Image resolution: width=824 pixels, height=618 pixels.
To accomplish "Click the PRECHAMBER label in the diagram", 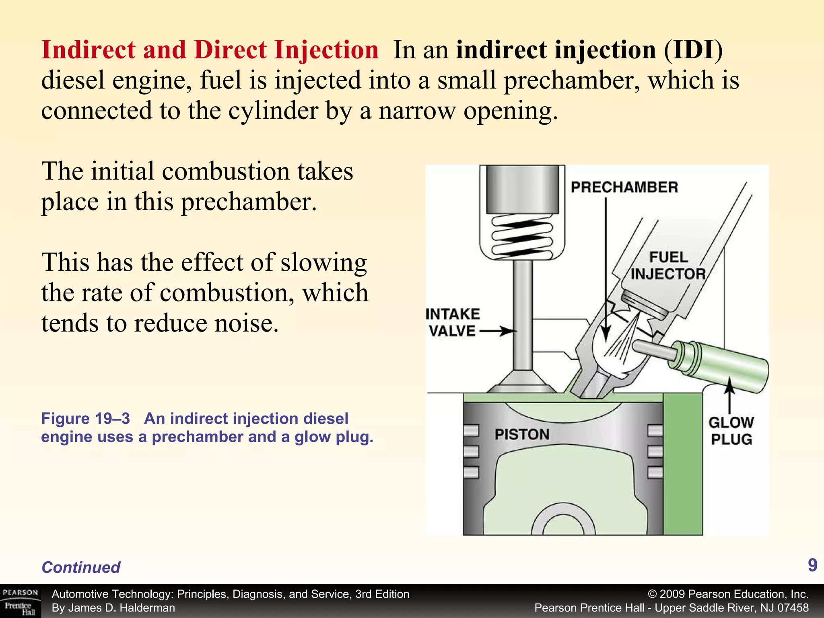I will [x=624, y=187].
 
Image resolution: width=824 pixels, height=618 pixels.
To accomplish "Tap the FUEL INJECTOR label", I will [x=668, y=266].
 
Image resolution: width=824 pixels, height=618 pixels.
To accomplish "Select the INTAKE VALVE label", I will [x=453, y=322].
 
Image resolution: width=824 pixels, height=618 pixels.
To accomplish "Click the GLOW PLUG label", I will [x=731, y=431].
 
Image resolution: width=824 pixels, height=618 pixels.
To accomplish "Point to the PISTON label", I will [x=522, y=435].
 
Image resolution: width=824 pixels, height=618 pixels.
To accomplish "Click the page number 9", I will [x=812, y=565].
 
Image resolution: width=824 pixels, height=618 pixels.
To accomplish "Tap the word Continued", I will [x=81, y=567].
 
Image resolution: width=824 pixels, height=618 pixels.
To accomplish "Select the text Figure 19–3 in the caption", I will [x=85, y=419].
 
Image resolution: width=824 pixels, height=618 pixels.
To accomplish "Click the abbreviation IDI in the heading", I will [x=692, y=50].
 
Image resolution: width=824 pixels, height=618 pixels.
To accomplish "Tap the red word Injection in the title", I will [x=326, y=50].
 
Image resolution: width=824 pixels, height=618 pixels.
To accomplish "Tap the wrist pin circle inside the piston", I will [x=563, y=523].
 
